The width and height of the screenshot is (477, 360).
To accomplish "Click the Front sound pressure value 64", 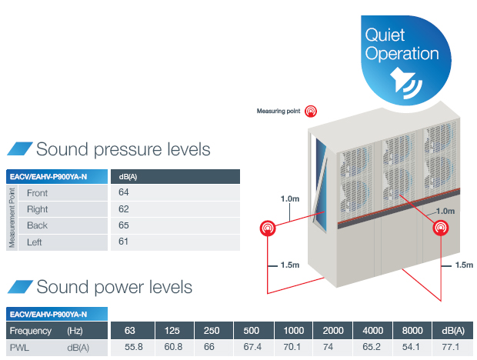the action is point(124,192).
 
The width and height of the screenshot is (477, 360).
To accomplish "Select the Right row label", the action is point(38,209).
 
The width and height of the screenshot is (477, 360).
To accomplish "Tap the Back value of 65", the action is point(124,225).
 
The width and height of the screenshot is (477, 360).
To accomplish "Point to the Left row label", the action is point(35,242).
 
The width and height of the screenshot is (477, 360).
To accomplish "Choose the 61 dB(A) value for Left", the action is point(123,242).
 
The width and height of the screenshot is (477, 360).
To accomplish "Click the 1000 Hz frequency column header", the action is point(294,331).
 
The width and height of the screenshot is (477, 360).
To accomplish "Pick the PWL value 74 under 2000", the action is point(328,347).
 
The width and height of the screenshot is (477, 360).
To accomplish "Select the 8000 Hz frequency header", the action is point(412,331).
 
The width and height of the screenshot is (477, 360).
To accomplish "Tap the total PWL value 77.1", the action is point(451,347).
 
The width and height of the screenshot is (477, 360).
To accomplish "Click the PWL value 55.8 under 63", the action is point(134,347).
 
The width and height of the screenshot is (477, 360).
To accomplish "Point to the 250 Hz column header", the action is point(212,331).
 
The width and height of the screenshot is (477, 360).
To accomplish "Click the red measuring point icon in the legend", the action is point(311,112).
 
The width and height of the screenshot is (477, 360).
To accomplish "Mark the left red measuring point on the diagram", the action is point(268,228).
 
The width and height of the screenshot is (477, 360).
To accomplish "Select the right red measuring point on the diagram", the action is point(441,228).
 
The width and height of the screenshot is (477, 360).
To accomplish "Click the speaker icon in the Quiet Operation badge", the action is point(405,83).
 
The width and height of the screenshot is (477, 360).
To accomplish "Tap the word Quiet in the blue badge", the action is point(385,35).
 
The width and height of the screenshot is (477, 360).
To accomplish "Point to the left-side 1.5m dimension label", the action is point(290,265).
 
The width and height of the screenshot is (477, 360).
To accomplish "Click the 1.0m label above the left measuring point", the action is point(290,199).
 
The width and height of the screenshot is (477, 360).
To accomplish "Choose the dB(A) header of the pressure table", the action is point(128,177).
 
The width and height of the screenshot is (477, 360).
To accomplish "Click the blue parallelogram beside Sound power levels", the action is point(20,287).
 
